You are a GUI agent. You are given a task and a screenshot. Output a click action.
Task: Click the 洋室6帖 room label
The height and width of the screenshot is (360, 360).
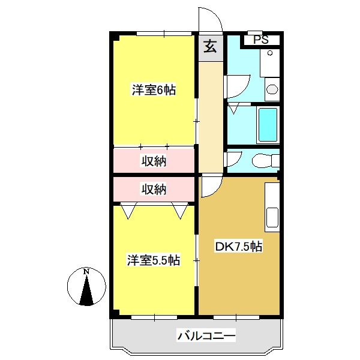coord(154,90)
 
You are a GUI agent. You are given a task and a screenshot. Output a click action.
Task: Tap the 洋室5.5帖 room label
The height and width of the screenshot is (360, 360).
coord(154,260)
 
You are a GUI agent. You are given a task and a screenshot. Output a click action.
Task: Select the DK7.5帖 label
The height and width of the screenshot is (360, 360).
coord(238,247)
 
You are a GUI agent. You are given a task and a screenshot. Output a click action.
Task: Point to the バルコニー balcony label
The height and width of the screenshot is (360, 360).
coord(206,336)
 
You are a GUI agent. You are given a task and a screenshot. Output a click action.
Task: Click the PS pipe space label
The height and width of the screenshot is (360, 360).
coord(261,40)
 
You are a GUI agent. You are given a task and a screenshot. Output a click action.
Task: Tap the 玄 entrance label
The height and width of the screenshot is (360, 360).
coord(210,46)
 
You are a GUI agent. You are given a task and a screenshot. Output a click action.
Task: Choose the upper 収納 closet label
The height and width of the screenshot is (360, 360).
coord(154,161)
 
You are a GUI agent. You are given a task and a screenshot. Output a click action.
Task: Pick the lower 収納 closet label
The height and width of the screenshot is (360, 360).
coord(154,190)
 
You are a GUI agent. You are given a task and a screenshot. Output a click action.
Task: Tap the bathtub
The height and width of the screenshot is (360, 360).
coord(268,125)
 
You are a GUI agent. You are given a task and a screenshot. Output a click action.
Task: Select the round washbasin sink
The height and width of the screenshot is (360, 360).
coord(272,89)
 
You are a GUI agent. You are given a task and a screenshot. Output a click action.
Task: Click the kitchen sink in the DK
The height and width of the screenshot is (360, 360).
coord(272,217)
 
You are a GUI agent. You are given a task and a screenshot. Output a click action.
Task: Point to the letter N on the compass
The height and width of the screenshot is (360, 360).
coord(86,272)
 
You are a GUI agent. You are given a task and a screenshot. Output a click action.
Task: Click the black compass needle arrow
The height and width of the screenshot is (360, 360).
coord(86,290)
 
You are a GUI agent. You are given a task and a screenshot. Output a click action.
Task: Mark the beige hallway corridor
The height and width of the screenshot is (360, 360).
coord(211,116)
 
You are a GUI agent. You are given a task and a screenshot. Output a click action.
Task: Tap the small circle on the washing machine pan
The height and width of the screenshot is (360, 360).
coord(270,53)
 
